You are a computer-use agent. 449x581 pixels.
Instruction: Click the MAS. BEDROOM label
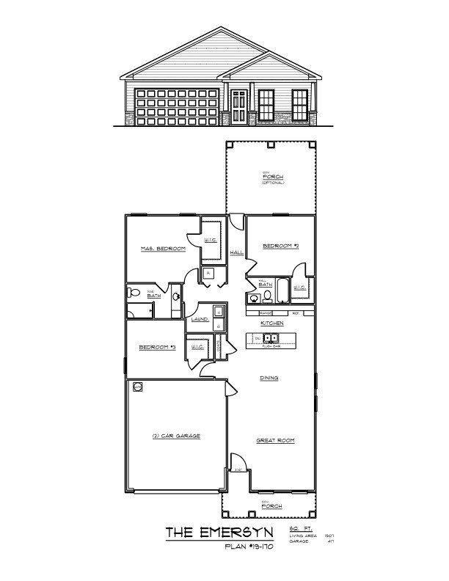click(162, 249)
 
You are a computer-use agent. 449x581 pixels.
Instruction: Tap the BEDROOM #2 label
click(279, 245)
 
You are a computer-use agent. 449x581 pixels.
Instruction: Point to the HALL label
click(237, 252)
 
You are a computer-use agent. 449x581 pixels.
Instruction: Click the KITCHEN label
click(272, 323)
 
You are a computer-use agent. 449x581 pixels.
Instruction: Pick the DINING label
click(269, 379)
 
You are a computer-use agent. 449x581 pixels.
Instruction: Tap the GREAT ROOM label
click(275, 441)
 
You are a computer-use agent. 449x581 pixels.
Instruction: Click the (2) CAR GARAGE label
click(176, 436)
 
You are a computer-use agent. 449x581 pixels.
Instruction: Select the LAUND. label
click(200, 320)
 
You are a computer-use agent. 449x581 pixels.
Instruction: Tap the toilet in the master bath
click(134, 293)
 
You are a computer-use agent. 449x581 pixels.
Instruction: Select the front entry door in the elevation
click(239, 106)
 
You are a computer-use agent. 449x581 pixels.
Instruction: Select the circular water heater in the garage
click(137, 386)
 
